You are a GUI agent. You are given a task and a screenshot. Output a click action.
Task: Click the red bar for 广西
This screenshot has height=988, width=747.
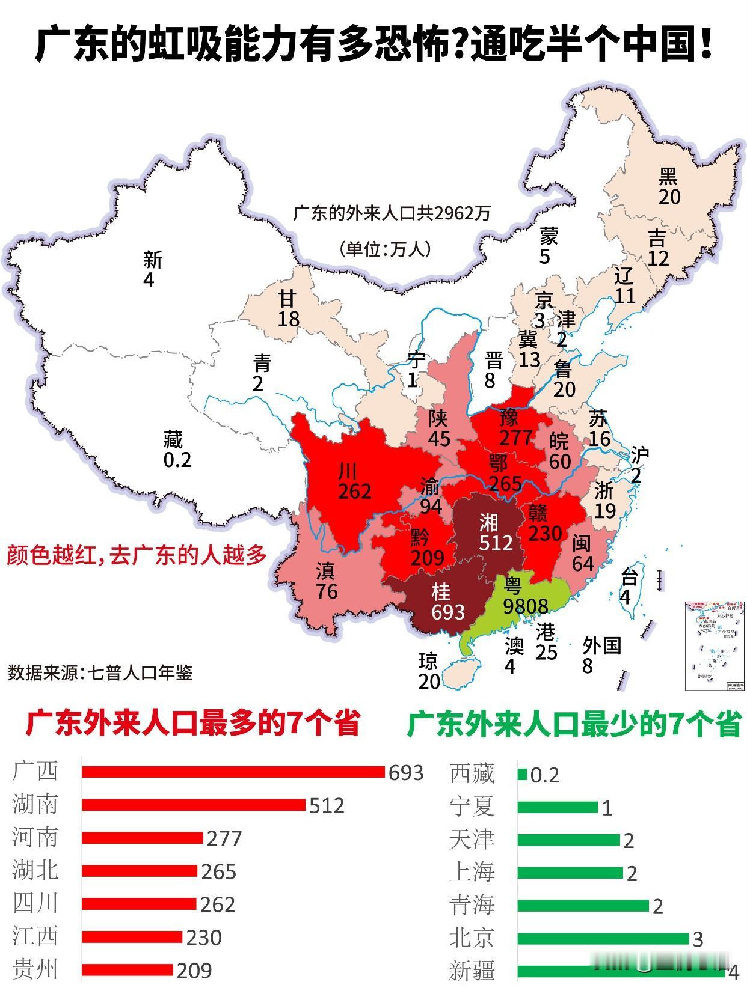tap(233, 772)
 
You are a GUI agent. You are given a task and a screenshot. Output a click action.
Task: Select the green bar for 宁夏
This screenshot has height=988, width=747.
tap(557, 807)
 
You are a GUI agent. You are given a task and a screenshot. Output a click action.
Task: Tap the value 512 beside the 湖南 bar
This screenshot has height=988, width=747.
tap(327, 805)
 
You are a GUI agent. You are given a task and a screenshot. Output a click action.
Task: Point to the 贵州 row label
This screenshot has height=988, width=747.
tap(35, 969)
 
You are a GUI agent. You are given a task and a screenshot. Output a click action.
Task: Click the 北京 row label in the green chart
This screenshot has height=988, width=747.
tap(472, 938)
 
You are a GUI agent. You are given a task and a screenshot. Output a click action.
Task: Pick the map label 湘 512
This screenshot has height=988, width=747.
tap(495, 533)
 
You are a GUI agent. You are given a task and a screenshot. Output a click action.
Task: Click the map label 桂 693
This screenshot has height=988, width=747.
tap(447, 602)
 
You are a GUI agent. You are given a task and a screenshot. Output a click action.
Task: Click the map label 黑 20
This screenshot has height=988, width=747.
tap(668, 186)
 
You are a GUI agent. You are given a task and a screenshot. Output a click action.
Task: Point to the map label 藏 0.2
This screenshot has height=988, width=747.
tap(176, 450)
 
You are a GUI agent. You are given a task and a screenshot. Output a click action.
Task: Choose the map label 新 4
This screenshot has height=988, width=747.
tap(152, 270)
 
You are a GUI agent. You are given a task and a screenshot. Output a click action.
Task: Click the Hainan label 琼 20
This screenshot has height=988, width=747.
tap(429, 672)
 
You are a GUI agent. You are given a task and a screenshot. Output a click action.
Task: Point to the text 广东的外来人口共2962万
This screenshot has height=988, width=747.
tap(392, 213)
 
